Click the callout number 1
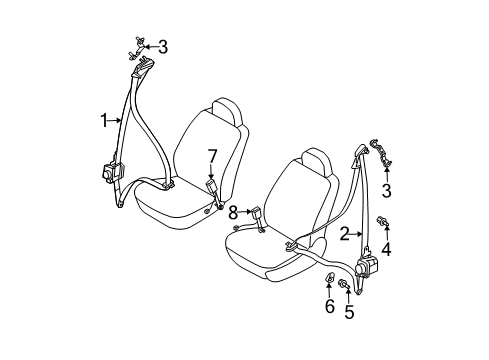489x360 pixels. coord(104,121)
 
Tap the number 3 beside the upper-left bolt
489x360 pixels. coord(163,46)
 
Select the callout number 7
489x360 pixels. coord(211,155)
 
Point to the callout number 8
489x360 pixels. coord(232,212)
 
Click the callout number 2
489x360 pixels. coord(342,235)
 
